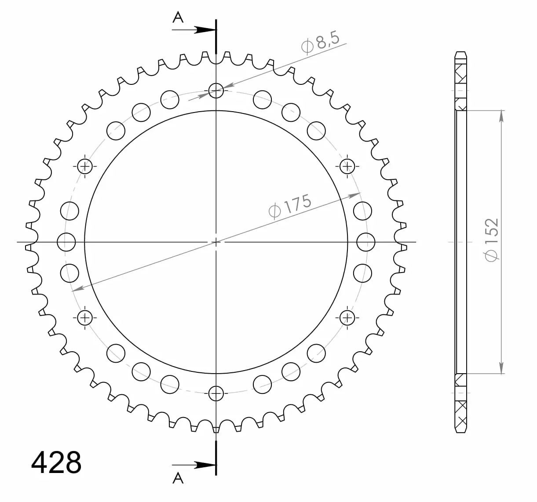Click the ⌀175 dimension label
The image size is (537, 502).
click(x=290, y=206)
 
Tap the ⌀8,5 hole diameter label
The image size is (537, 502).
click(x=321, y=43)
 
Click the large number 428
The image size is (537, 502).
click(x=56, y=462)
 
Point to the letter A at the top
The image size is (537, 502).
click(x=178, y=18)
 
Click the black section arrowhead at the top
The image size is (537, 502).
click(x=205, y=30)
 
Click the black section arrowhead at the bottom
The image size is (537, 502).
click(x=205, y=465)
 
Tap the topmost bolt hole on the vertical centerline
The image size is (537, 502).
click(x=216, y=91)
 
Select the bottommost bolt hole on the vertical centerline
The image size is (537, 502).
click(x=216, y=393)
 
